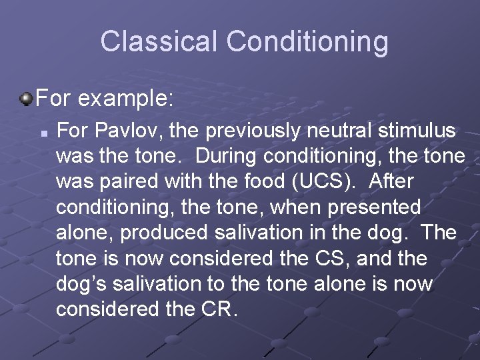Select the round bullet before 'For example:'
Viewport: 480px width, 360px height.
26,100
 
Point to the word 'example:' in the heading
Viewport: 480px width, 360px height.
126,100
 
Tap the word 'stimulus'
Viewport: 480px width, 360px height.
423,131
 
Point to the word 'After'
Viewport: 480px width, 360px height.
391,182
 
